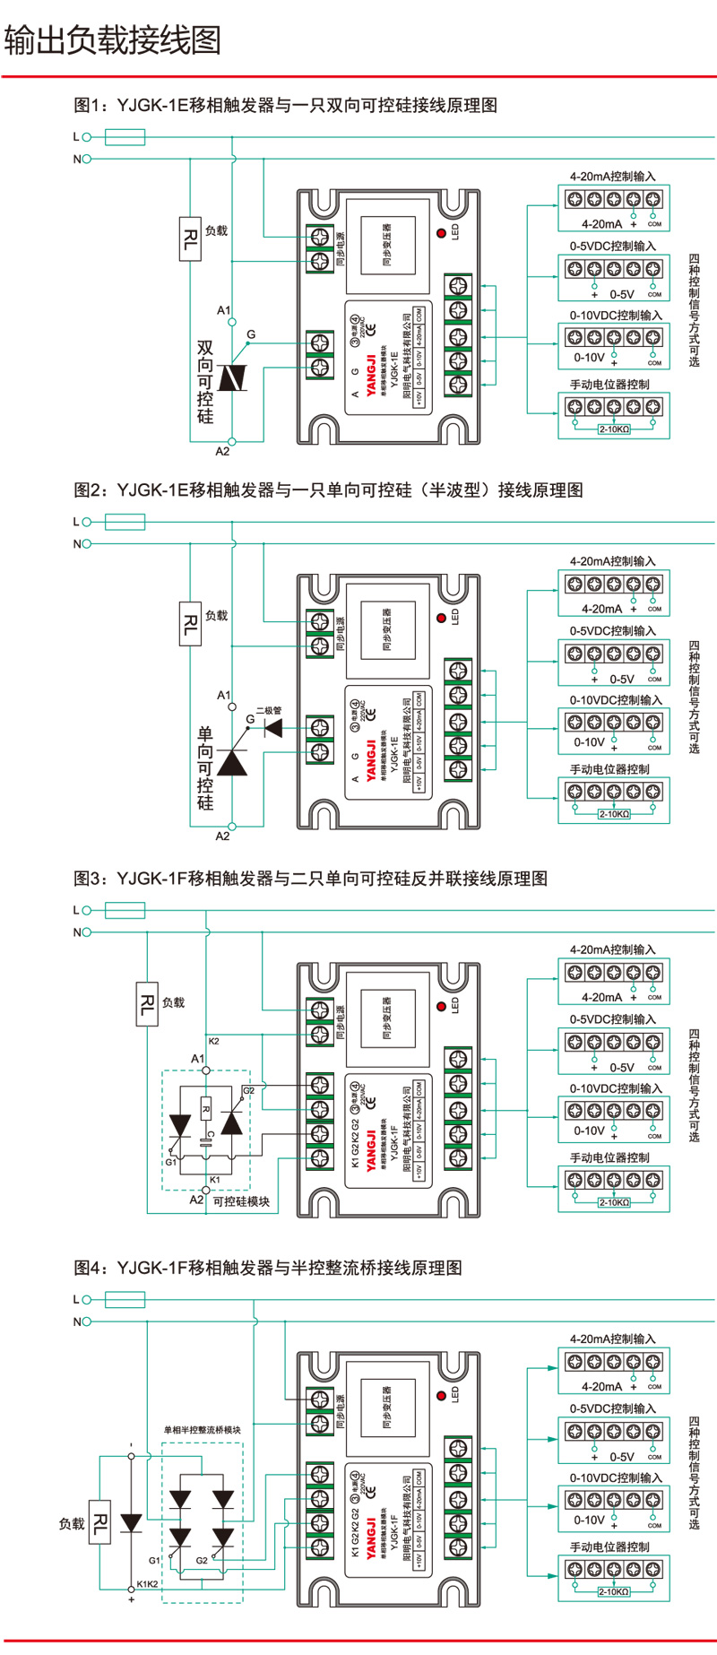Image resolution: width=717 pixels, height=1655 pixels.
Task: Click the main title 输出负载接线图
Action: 113,39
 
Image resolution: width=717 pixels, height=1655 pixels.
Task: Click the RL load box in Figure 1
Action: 190,238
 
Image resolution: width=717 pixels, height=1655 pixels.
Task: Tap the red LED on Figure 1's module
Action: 441,233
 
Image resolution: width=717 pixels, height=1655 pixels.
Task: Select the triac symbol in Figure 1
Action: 233,377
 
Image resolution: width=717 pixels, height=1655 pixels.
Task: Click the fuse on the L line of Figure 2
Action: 125,521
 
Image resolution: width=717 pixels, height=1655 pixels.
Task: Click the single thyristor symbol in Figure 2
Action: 232,761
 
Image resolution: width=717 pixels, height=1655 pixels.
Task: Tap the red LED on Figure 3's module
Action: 441,1006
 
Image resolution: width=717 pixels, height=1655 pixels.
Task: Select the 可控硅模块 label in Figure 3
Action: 241,1201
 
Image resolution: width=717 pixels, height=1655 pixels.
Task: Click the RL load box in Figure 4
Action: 99,1522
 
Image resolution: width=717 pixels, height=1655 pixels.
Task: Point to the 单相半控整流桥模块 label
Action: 202,1429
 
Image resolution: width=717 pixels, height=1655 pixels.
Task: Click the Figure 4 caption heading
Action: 268,1268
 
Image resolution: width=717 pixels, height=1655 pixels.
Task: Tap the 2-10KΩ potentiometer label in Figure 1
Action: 614,429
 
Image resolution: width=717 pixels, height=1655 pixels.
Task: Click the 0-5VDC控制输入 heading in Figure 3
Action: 613,1019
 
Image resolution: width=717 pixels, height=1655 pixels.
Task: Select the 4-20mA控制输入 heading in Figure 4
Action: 613,1339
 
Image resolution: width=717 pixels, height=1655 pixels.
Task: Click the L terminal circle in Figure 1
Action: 87,137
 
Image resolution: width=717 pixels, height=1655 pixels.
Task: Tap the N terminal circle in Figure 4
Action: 87,1321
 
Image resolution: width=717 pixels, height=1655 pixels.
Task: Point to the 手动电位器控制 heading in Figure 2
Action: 609,769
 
